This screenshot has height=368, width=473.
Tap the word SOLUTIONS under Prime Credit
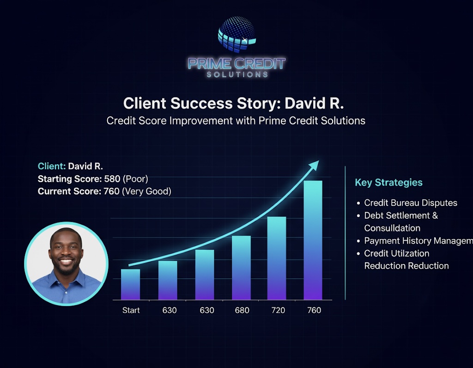(x=237, y=74)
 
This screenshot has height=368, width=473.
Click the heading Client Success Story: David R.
(x=233, y=103)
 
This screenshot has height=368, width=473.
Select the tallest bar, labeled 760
(x=313, y=240)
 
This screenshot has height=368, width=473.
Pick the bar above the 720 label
(x=277, y=258)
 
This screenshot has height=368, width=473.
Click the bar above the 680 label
(x=241, y=268)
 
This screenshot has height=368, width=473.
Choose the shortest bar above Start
(x=131, y=284)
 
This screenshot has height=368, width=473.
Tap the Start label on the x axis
(x=131, y=310)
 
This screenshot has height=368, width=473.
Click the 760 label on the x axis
(x=314, y=310)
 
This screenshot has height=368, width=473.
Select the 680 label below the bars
(x=242, y=310)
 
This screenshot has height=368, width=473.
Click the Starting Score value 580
(x=112, y=179)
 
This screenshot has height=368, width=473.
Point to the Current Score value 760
(x=111, y=191)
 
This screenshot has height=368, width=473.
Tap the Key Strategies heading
(x=388, y=183)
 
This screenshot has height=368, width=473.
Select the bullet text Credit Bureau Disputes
(x=411, y=203)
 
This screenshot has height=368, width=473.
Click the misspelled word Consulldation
(x=392, y=228)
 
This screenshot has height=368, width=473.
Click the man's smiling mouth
(x=67, y=261)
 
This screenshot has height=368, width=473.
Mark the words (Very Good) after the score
(x=146, y=191)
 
